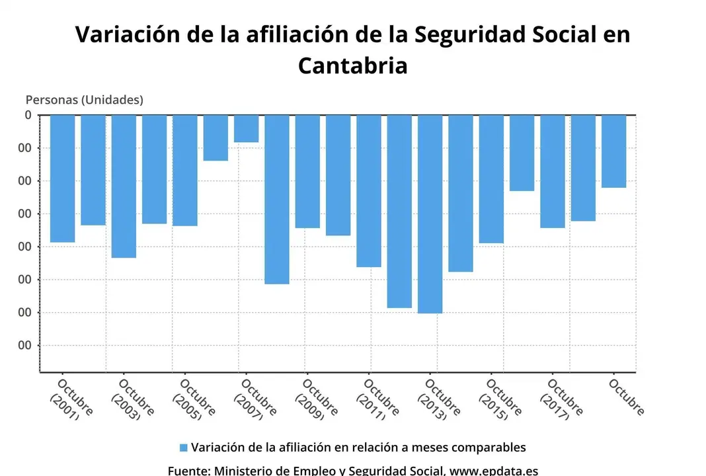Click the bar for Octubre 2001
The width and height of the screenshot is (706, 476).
(62, 178)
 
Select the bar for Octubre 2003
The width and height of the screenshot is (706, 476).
(124, 186)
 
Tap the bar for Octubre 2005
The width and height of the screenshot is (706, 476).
(185, 170)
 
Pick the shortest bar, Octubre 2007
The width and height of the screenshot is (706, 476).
(246, 128)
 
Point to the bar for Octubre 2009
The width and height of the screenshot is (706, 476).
(307, 171)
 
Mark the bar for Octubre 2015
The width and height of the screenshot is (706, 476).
(491, 178)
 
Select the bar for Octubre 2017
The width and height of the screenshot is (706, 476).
(553, 171)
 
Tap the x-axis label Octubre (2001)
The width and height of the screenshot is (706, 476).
(69, 399)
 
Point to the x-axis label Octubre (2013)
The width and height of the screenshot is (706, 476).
(437, 399)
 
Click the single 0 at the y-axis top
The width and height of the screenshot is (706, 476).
(28, 115)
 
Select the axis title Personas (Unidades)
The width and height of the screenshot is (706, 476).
(84, 100)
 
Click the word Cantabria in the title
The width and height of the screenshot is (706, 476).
(352, 65)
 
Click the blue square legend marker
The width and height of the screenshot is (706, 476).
(184, 448)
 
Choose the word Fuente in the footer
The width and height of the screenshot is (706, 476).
(188, 471)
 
